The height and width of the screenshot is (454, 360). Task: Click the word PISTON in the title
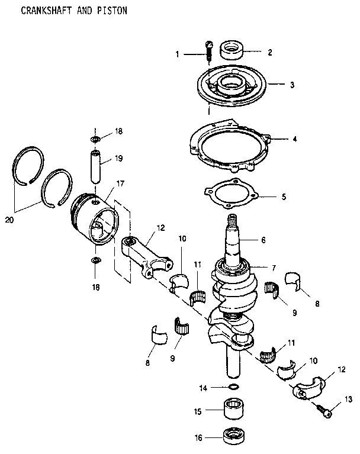click(x=112, y=11)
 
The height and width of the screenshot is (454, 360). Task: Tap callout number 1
click(x=177, y=54)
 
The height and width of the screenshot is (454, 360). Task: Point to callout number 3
click(x=292, y=85)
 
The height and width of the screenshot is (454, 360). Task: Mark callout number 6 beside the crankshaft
click(x=280, y=241)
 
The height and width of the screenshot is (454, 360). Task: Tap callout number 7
click(x=274, y=268)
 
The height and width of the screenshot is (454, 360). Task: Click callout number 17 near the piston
click(x=120, y=183)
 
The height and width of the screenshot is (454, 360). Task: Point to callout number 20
click(x=9, y=220)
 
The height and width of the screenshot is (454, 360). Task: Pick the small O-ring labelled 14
click(x=234, y=388)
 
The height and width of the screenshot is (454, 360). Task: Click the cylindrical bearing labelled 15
click(x=234, y=410)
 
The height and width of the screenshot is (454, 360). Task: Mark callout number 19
click(x=119, y=159)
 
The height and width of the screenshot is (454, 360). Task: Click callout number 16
click(x=199, y=438)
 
